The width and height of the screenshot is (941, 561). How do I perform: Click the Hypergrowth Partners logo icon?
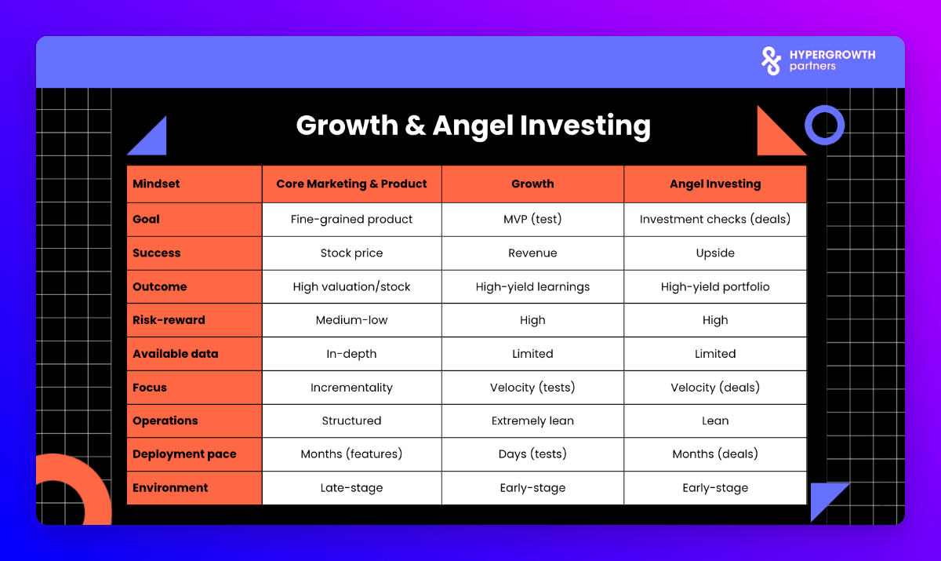[x=771, y=61]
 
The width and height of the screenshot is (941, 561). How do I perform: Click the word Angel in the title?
[x=473, y=126]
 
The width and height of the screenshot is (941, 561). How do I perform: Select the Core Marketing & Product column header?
[x=351, y=184]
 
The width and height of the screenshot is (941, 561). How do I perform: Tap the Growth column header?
[x=532, y=184]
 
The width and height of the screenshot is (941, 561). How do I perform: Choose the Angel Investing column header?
[x=715, y=184]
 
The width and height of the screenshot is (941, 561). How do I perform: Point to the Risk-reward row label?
[x=169, y=320]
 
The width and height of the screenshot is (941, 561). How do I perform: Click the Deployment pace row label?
[x=184, y=454]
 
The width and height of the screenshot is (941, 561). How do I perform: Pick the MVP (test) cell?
[x=532, y=219]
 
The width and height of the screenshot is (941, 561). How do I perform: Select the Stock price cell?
[x=351, y=253]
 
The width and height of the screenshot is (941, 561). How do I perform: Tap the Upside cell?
[x=715, y=253]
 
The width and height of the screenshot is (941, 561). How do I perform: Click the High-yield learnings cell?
[x=532, y=286]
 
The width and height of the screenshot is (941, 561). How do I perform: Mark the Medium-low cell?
[x=351, y=320]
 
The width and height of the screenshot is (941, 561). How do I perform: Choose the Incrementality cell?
[x=351, y=387]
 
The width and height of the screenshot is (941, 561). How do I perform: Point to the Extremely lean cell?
[x=532, y=421]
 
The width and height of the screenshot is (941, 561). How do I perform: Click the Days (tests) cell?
[x=532, y=454]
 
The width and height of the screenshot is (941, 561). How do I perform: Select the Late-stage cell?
[x=351, y=487]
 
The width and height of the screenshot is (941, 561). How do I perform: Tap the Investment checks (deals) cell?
[x=715, y=219]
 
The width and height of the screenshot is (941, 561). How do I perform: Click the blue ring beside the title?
[x=824, y=108]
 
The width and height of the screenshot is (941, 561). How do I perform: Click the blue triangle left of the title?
[x=154, y=143]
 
